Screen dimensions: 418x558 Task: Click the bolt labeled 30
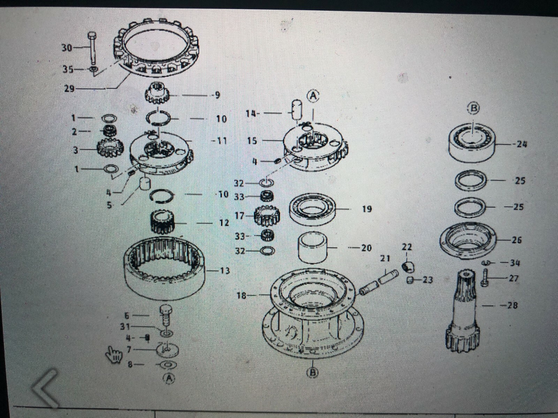[92, 49]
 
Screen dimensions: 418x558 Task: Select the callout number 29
[69, 88]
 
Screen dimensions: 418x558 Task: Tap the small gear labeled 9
[156, 93]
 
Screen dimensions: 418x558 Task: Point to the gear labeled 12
[162, 223]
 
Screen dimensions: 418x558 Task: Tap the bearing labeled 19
[312, 209]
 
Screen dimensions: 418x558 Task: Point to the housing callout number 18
[241, 296]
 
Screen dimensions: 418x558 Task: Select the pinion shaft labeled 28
[463, 310]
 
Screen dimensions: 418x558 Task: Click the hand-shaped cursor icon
[114, 355]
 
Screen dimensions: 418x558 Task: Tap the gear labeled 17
[267, 216]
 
